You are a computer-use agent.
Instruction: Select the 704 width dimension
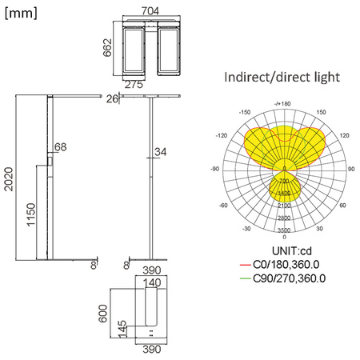pos(150,10)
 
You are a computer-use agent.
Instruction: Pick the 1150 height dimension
pos(30,212)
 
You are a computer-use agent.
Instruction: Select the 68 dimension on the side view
pos(61,147)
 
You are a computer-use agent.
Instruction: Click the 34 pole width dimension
pos(160,151)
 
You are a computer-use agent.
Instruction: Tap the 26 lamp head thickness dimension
pos(112,98)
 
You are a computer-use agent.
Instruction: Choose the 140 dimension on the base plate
pos(152,282)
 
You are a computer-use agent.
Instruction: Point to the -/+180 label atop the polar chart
pos(283,104)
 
